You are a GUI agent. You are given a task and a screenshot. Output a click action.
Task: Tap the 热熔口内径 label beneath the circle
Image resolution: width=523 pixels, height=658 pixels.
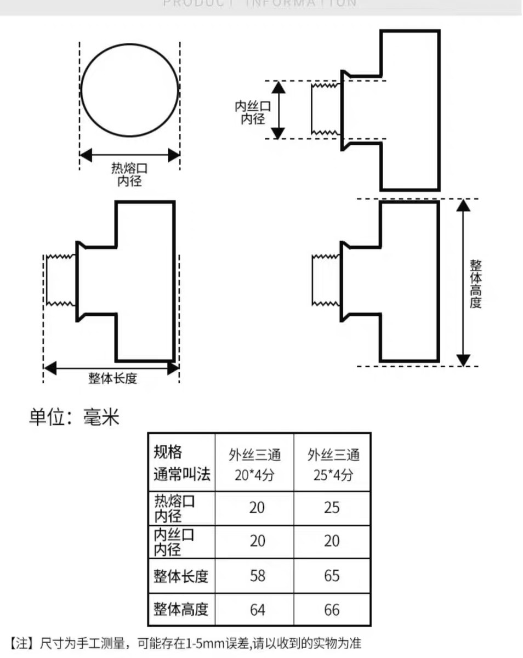(129, 174)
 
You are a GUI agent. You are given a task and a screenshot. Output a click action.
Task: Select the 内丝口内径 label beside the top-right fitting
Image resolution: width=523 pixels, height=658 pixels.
(253, 112)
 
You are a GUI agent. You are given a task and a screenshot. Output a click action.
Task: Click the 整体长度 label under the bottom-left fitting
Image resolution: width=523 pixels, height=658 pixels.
(113, 378)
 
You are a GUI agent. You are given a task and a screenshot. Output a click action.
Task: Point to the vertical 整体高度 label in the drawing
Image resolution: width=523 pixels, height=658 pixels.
(475, 283)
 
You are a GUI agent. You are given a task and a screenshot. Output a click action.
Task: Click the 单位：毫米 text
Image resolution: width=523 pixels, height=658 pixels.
(74, 418)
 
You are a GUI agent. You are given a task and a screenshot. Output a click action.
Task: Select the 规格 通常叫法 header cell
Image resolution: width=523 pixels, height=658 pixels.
(181, 463)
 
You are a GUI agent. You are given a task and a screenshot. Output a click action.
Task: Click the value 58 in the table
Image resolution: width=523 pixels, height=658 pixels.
(257, 576)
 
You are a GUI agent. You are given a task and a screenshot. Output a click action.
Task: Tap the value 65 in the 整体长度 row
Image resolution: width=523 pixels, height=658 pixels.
(332, 576)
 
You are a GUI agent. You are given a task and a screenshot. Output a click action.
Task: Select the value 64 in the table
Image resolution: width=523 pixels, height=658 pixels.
(257, 610)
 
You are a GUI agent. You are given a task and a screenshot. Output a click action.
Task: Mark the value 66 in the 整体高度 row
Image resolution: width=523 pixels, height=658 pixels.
(332, 610)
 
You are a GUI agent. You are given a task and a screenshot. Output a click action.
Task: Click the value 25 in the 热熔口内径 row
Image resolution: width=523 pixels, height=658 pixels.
(332, 508)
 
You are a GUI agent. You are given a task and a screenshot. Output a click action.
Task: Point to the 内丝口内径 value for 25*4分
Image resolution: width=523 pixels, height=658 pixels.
(332, 541)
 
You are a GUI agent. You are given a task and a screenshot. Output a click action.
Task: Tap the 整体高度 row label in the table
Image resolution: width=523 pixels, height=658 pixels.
(181, 610)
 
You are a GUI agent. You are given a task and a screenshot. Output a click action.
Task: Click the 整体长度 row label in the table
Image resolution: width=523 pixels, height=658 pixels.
(181, 576)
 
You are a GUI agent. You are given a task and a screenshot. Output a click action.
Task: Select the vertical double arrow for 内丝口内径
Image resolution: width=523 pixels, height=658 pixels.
(278, 110)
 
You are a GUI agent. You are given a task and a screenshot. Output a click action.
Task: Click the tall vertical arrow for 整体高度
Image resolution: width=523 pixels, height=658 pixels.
(464, 282)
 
